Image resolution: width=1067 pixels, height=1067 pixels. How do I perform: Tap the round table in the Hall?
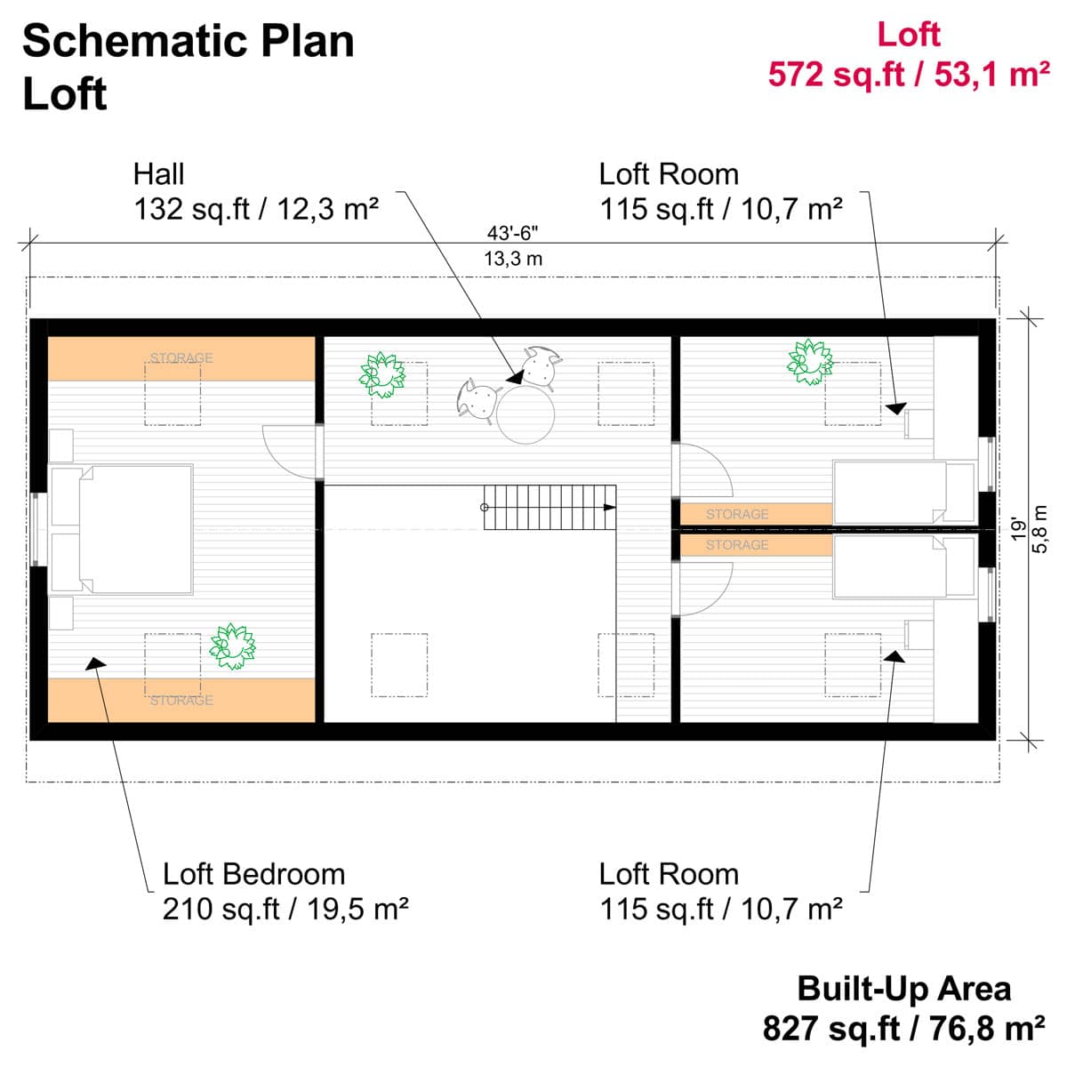(525, 414)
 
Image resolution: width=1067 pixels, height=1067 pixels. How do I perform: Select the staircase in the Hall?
(550, 507)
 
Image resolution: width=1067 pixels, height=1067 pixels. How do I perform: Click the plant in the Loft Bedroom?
(231, 646)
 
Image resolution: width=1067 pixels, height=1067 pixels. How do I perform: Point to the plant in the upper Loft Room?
(810, 361)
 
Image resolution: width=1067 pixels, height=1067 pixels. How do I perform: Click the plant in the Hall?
(382, 374)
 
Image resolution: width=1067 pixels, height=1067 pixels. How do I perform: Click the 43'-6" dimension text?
(513, 234)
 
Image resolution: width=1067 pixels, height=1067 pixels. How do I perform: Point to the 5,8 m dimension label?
(1039, 529)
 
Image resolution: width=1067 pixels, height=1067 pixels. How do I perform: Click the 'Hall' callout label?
(159, 174)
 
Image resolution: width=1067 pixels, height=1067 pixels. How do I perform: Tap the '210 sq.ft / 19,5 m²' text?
(285, 910)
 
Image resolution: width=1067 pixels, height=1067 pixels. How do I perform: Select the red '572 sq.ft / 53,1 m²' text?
(908, 75)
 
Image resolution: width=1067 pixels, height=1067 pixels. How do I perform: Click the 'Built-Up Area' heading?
(903, 989)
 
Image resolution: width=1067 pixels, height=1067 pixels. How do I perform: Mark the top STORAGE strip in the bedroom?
(181, 358)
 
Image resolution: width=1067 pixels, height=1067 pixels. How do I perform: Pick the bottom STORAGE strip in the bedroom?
(181, 700)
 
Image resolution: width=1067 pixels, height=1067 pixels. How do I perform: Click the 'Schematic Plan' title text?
(189, 42)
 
